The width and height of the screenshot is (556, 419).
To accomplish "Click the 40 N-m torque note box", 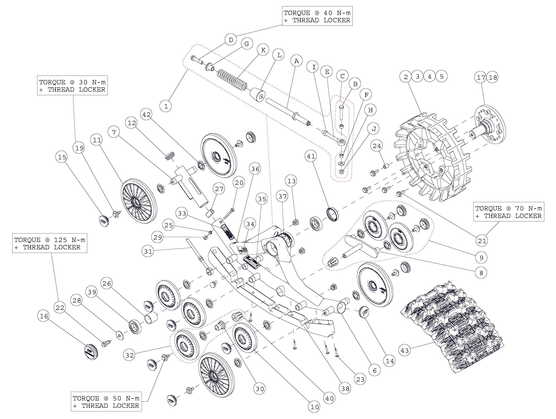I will click(317, 16).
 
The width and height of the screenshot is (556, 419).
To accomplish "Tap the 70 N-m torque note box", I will click(509, 212).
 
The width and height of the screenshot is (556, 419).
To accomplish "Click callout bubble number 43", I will click(405, 350).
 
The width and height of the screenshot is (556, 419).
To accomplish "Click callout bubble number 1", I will click(166, 106).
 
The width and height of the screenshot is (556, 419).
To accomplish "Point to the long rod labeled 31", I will click(198, 254).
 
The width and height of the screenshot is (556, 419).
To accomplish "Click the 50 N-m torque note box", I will click(106, 402).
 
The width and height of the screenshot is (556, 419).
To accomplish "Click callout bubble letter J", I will click(374, 129).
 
